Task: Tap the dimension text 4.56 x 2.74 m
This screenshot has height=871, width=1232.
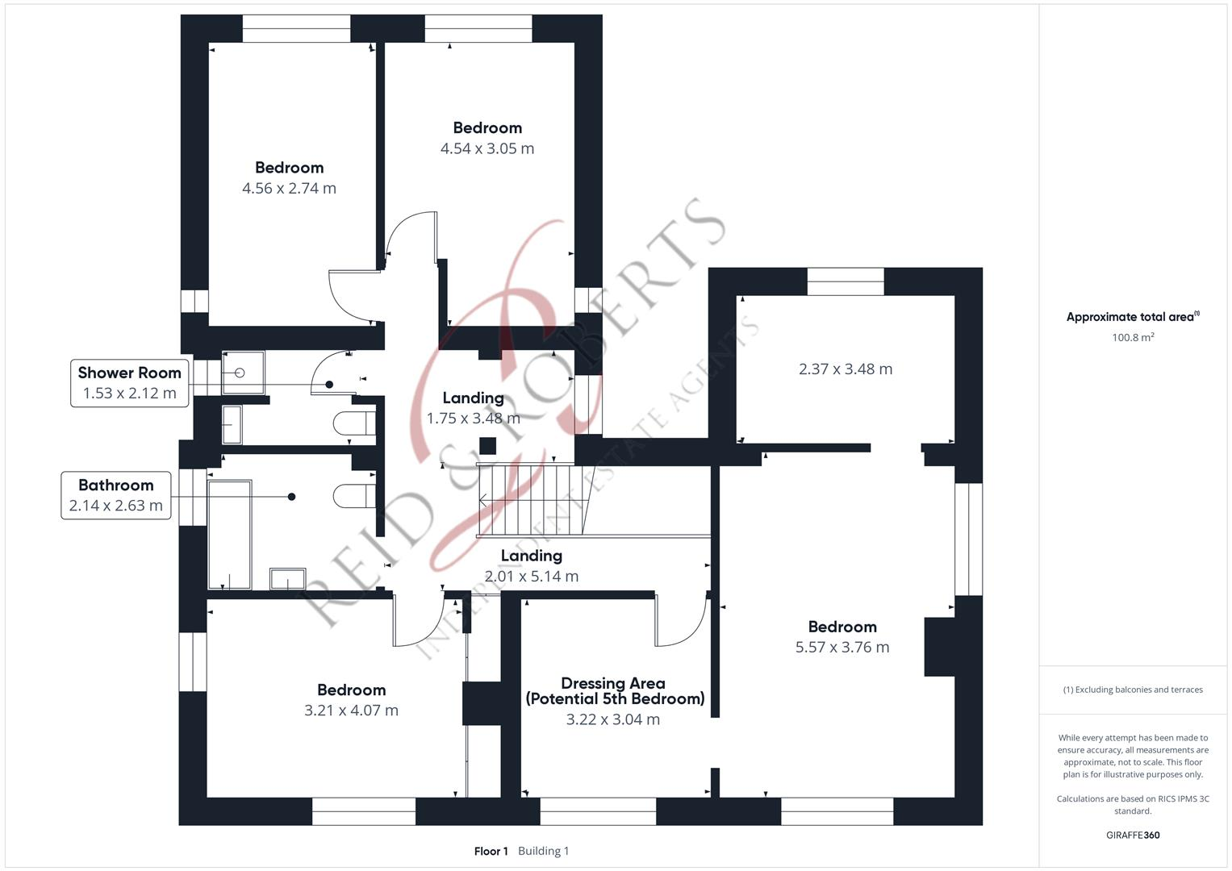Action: coord(289,188)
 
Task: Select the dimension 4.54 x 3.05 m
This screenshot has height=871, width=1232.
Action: coord(487,148)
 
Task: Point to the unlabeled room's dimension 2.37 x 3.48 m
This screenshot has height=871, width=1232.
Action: coord(845,369)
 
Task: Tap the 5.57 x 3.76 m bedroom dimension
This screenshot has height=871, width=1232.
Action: coord(842,647)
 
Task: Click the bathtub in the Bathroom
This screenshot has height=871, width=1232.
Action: coord(230,534)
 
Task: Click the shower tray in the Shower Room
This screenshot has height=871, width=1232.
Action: coord(242,373)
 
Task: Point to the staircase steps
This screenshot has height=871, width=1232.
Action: coord(524,500)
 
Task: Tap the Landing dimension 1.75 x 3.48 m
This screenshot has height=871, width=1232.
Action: coord(473,418)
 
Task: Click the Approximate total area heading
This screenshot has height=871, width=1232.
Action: coord(1132,317)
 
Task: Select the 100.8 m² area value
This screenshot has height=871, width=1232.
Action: coord(1132,338)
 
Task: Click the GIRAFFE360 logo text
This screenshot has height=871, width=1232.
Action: coord(1132,835)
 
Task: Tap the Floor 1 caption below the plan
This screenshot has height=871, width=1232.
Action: coord(491,851)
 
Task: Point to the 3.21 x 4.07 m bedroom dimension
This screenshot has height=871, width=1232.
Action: coord(351,711)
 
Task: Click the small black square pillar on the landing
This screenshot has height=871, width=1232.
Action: coord(487,446)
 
